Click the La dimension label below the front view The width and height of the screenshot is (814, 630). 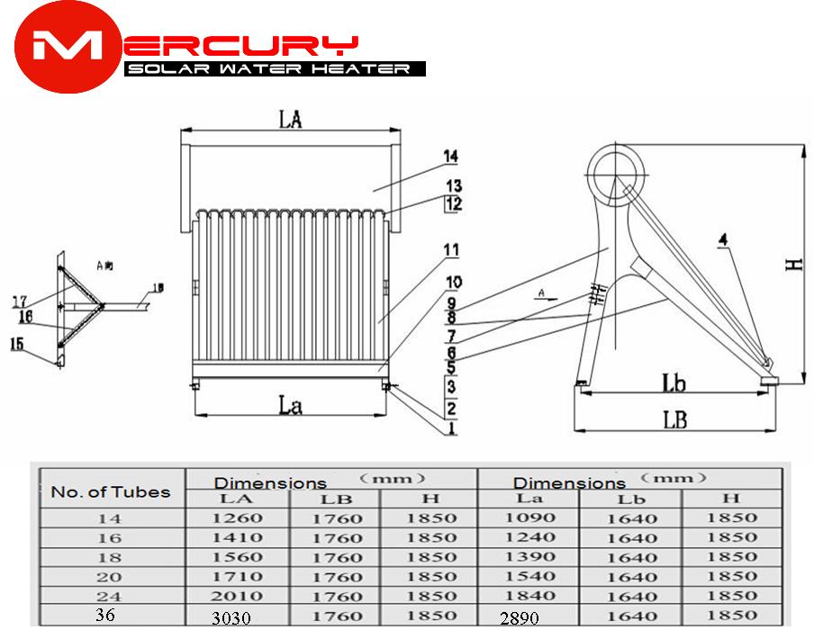tap(290, 406)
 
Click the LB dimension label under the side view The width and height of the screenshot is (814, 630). tap(676, 420)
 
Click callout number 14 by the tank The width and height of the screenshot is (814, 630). tap(450, 157)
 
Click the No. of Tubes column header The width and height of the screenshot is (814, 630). tap(110, 491)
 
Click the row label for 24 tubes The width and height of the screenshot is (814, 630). tap(110, 596)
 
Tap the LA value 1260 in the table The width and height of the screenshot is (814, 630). tap(239, 518)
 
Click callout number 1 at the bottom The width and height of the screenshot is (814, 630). tap(451, 430)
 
